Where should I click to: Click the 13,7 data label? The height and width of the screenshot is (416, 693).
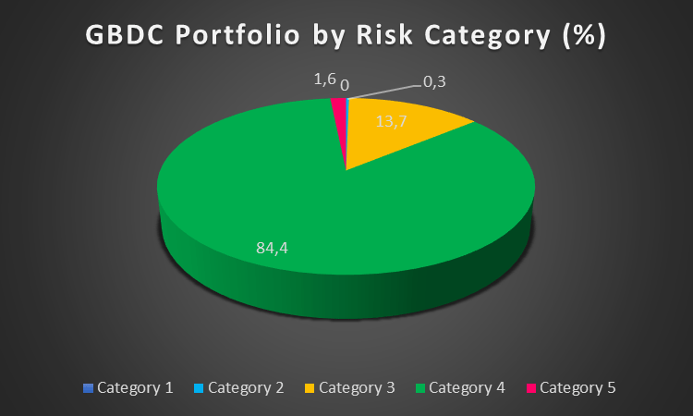392,121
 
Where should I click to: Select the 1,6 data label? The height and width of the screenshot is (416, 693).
324,81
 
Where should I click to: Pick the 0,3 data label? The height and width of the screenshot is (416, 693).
435,82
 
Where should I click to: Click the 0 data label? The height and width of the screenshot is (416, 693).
345,85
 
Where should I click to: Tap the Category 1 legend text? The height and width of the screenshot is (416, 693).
135,387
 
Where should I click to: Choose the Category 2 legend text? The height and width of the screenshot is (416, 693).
246,387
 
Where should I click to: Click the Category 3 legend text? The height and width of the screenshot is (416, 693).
357,387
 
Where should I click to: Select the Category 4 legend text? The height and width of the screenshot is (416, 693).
468,387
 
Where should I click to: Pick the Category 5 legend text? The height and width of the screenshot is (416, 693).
577,387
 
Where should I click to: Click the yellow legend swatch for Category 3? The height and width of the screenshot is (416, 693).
310,388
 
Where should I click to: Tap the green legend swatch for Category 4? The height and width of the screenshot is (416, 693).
420,388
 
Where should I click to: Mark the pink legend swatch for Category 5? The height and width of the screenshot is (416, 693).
530,388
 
